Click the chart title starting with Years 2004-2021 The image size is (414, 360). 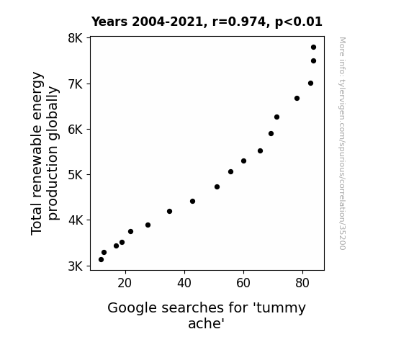click(207, 22)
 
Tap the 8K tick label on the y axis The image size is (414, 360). click(76, 38)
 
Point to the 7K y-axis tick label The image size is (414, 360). click(76, 84)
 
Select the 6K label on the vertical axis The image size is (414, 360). click(76, 130)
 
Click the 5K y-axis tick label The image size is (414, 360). click(76, 174)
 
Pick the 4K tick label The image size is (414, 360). click(76, 220)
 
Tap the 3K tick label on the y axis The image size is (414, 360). click(76, 266)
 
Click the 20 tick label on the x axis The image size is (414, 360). click(125, 283)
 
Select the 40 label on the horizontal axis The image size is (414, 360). click(184, 283)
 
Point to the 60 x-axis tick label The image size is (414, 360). click(243, 283)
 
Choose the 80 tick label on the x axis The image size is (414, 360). click(302, 283)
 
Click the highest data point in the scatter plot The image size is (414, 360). click(313, 48)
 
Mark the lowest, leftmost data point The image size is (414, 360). click(101, 260)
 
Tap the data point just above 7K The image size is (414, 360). click(310, 84)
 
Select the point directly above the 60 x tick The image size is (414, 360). click(243, 161)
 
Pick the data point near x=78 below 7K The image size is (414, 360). click(297, 98)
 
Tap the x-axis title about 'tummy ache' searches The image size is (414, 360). click(207, 315)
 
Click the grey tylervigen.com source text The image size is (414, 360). click(342, 143)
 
